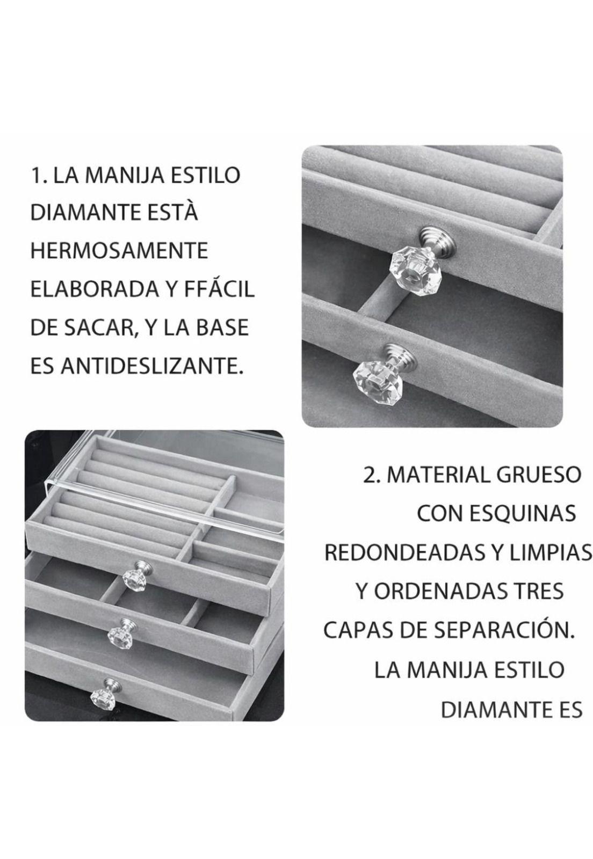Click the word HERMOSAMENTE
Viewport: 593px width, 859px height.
(119, 251)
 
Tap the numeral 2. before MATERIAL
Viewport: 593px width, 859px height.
(372, 475)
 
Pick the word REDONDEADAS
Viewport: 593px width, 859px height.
(400, 552)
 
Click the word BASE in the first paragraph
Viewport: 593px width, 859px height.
(225, 328)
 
